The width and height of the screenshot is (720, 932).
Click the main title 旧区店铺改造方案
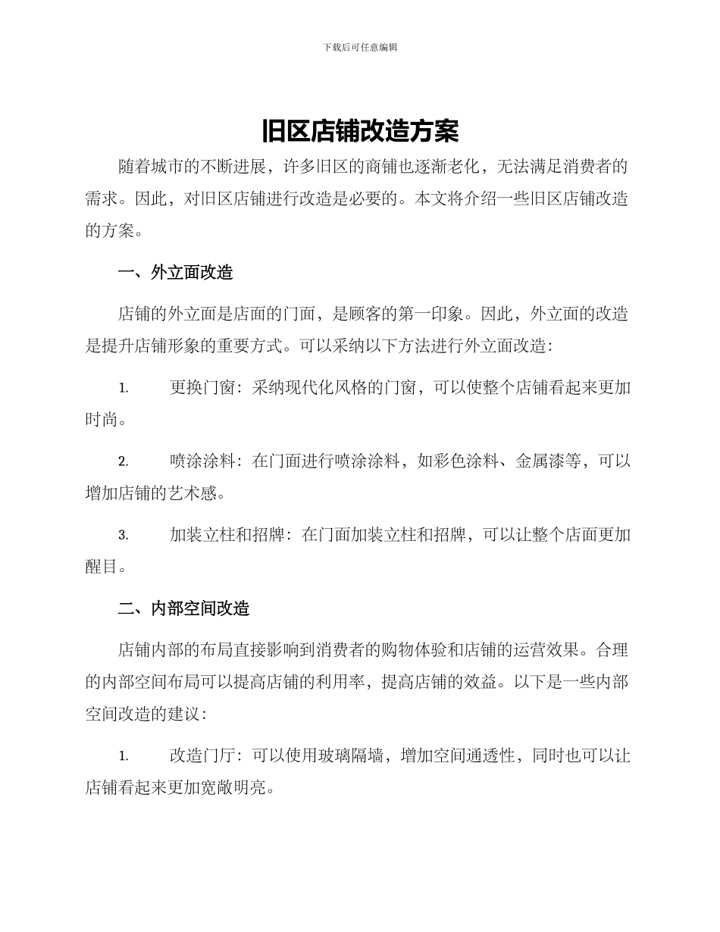pos(360,132)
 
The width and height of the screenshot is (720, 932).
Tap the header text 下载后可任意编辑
pos(360,47)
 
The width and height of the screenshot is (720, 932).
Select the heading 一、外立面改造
pos(176,273)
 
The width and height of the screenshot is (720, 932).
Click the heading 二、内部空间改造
pos(184,608)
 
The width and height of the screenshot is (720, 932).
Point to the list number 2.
pos(123,461)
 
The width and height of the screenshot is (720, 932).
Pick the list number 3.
pos(123,536)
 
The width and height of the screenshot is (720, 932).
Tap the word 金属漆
pos(540,461)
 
